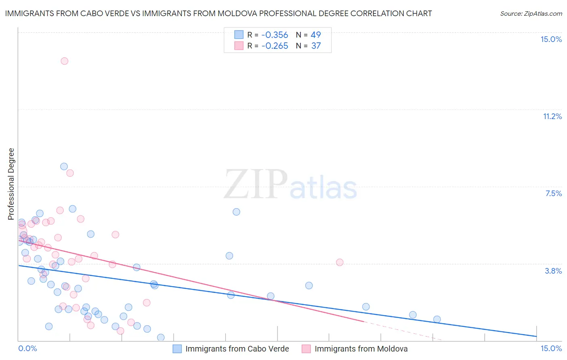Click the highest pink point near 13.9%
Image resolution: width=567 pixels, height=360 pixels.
point(65,61)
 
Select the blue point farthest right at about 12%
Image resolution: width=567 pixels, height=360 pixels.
point(437,320)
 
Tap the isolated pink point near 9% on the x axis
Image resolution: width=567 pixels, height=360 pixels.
point(340,262)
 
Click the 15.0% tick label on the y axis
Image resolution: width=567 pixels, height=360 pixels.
point(551,39)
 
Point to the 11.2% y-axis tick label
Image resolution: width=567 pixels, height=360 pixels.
point(552,116)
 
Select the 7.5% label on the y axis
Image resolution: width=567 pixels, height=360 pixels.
point(553,193)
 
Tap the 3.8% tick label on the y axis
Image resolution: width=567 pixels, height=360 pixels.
point(553,271)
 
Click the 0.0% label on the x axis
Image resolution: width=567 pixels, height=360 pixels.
point(28,348)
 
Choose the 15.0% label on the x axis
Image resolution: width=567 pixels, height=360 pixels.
point(551,348)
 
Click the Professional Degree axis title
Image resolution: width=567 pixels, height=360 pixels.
point(11,184)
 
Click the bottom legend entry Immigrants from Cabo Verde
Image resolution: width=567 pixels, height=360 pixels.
point(237,349)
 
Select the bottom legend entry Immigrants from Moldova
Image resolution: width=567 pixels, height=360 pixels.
point(361,349)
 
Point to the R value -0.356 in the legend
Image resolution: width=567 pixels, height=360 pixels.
point(275,35)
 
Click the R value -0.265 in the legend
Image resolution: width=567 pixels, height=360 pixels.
point(275,46)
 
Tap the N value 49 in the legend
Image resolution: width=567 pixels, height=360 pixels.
point(316,35)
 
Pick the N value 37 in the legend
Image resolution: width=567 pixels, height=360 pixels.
point(316,46)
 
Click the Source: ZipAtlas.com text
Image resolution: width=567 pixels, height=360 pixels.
point(531,13)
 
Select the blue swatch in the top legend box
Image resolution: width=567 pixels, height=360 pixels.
point(239,35)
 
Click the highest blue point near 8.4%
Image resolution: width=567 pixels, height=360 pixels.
point(64,167)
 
